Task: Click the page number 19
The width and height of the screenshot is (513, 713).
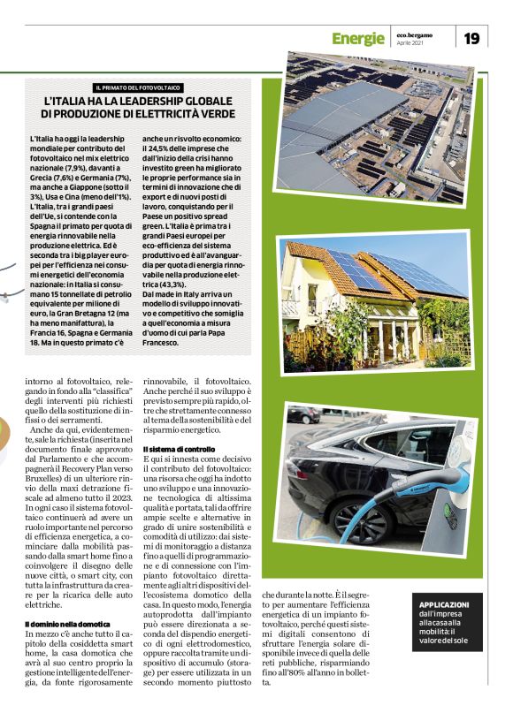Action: [472, 37]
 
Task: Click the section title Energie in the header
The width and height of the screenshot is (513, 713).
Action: [358, 38]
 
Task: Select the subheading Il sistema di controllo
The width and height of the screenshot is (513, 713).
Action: [179, 451]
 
